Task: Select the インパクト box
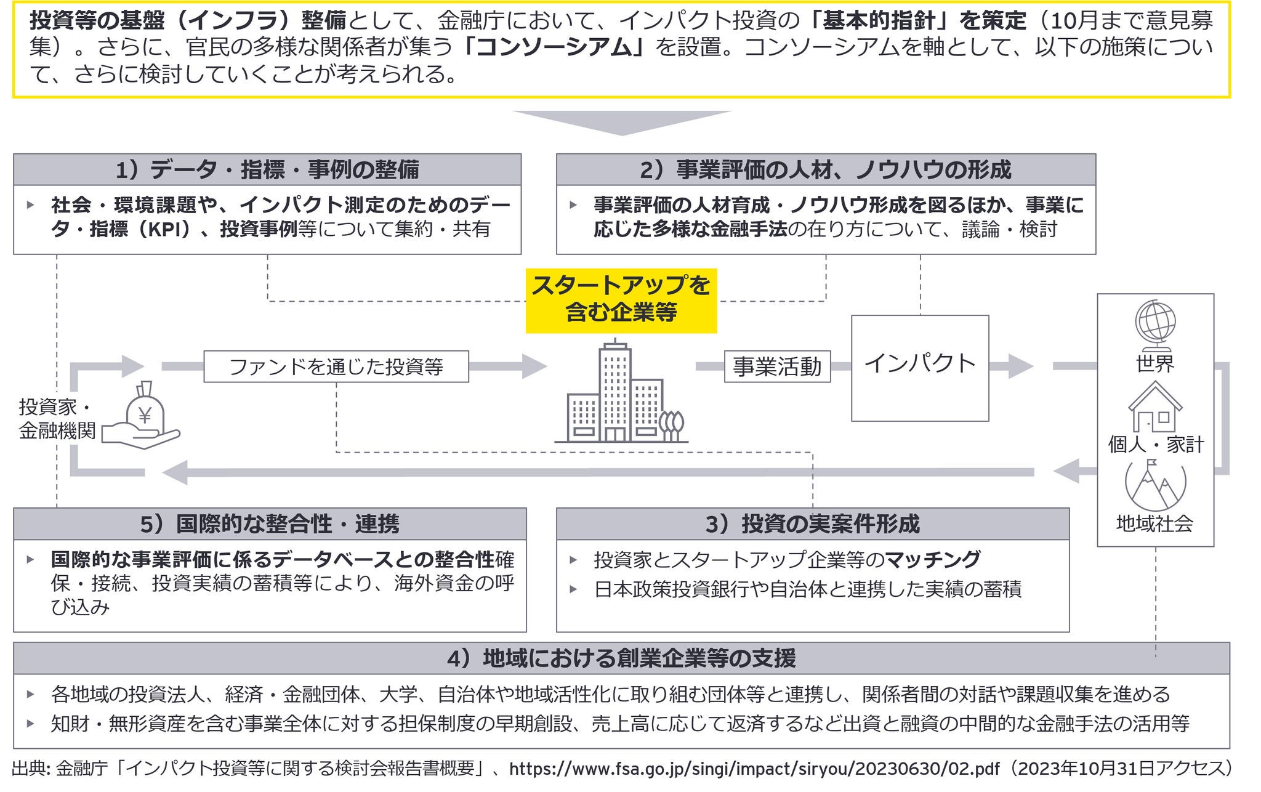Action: pyautogui.click(x=920, y=368)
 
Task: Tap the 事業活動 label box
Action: pyautogui.click(x=777, y=366)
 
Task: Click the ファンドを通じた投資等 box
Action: pyautogui.click(x=336, y=366)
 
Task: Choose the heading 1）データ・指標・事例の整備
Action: pyautogui.click(x=267, y=169)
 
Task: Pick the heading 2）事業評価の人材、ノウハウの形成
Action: pyautogui.click(x=826, y=169)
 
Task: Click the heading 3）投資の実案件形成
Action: pyautogui.click(x=812, y=524)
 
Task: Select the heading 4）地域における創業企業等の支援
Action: pyautogui.click(x=621, y=658)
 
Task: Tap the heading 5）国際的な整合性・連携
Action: pyautogui.click(x=270, y=524)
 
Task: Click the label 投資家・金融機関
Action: pyautogui.click(x=57, y=419)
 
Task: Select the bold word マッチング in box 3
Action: pyautogui.click(x=933, y=559)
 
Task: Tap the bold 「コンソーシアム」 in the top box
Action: pyautogui.click(x=552, y=47)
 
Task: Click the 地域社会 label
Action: pyautogui.click(x=1154, y=524)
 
